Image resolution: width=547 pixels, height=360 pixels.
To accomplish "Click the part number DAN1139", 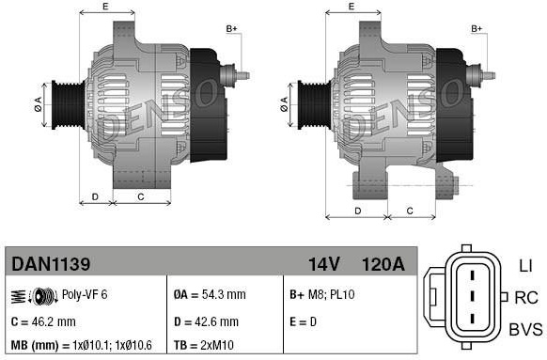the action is point(51,264).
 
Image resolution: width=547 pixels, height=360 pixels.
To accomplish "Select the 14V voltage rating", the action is point(323,264).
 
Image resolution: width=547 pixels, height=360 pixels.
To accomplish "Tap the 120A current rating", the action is point(383,264).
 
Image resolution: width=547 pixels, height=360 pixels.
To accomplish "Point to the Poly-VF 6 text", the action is point(85,295).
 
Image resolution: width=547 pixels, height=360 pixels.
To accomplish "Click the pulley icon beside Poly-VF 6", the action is point(45,296).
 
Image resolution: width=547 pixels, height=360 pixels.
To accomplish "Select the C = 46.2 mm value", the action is point(43,321).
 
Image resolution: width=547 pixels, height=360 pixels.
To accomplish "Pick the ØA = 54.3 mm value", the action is point(210,295).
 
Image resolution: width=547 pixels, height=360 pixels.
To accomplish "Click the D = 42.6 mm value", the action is point(206,321).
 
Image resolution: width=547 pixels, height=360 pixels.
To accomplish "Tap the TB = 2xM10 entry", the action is point(204,345).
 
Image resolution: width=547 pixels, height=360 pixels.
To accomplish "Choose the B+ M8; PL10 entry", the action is point(322,295).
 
